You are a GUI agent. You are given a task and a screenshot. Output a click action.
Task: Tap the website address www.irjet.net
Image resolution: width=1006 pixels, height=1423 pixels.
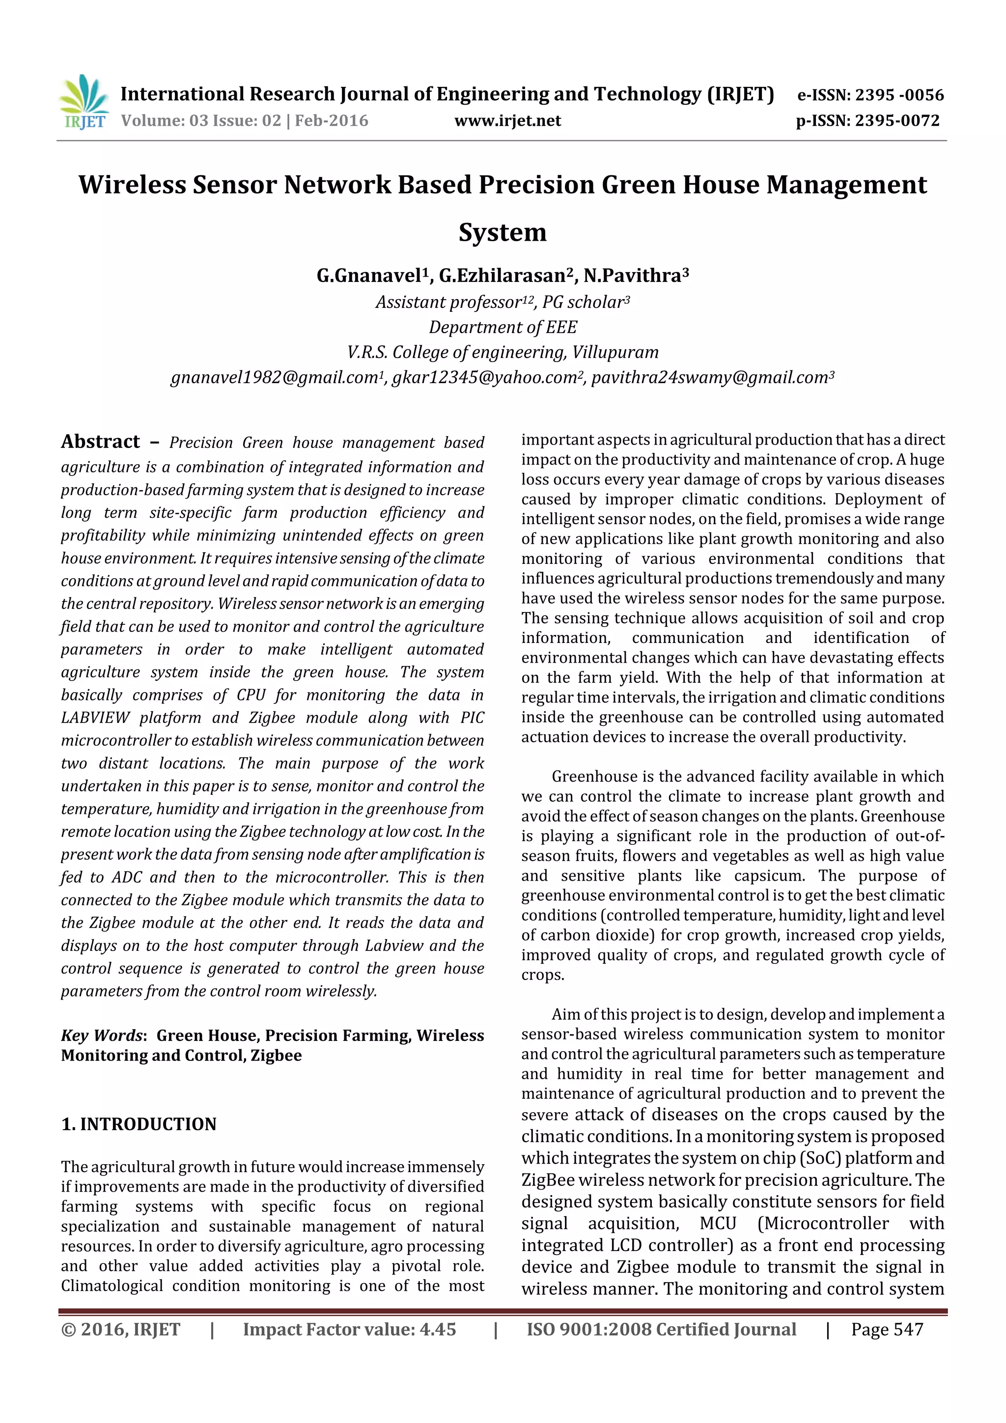point(507,121)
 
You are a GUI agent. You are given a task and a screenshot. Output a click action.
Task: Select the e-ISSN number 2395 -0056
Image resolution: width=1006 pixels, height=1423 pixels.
point(899,95)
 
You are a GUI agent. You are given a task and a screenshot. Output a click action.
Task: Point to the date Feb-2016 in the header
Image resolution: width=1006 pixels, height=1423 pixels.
point(332,121)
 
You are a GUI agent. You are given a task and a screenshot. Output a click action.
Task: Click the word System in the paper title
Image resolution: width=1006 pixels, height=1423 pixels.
point(503,233)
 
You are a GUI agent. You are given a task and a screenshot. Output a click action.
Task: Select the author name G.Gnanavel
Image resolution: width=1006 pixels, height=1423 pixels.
point(369,276)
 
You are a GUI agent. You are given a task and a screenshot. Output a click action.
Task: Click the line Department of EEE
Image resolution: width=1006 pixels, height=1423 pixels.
point(503,327)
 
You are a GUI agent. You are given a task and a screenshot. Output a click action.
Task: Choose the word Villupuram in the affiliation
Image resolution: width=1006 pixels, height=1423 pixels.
point(615,353)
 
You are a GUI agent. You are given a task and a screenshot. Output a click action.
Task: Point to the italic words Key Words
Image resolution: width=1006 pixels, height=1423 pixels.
point(102,1035)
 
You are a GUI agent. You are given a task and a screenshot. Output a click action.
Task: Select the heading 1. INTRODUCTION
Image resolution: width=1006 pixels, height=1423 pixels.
point(139,1124)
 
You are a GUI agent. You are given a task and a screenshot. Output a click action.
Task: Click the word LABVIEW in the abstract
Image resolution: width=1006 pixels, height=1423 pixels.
point(95,718)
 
